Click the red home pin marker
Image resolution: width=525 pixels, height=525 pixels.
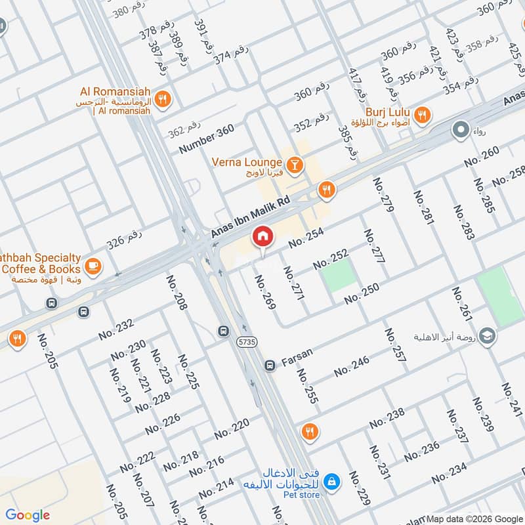(262, 236)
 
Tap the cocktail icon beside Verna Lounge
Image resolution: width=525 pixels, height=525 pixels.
(295, 163)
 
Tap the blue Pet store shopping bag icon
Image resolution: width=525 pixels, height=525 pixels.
(332, 482)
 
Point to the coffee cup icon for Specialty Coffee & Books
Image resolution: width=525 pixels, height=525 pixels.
(93, 265)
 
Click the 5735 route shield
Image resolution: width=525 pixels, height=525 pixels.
(247, 342)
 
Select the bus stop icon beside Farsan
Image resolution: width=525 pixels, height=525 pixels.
(269, 364)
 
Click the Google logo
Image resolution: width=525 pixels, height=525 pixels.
(28, 515)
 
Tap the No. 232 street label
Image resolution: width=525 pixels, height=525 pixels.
(116, 329)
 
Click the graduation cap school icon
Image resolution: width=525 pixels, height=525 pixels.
(487, 336)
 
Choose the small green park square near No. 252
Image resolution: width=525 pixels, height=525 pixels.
(340, 278)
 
